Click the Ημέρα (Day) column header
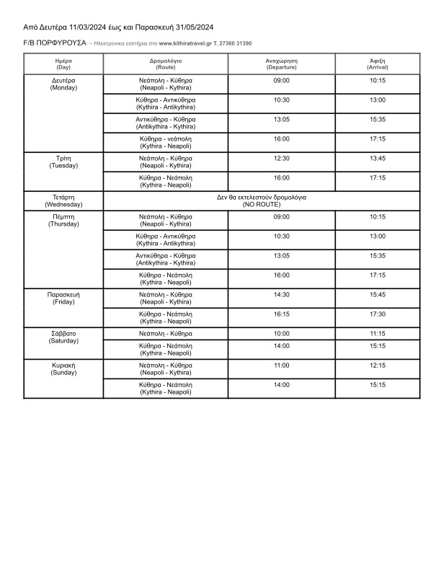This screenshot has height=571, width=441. pyautogui.click(x=63, y=63)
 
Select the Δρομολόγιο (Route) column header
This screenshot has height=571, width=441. pyautogui.click(x=166, y=63)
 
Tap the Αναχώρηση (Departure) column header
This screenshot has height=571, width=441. pyautogui.click(x=282, y=63)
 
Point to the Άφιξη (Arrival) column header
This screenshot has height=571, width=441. pyautogui.click(x=378, y=63)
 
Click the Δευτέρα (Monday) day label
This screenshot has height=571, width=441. pyautogui.click(x=63, y=84)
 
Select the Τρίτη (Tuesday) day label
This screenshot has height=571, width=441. pyautogui.click(x=63, y=161)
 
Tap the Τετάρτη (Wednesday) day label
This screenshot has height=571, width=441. pyautogui.click(x=63, y=200)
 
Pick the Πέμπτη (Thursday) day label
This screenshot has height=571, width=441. pyautogui.click(x=63, y=220)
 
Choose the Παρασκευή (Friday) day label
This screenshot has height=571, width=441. pyautogui.click(x=63, y=298)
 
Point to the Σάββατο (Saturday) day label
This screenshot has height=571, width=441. pyautogui.click(x=63, y=337)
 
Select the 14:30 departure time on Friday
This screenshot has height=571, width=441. pyautogui.click(x=282, y=294)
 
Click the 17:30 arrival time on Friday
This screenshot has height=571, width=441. pyautogui.click(x=378, y=314)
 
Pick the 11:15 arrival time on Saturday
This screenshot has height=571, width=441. pyautogui.click(x=378, y=334)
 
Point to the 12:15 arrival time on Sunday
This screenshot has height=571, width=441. pyautogui.click(x=378, y=366)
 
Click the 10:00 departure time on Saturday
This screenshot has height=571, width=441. pyautogui.click(x=282, y=334)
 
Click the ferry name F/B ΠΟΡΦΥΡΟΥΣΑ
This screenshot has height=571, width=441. pyautogui.click(x=54, y=43)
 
